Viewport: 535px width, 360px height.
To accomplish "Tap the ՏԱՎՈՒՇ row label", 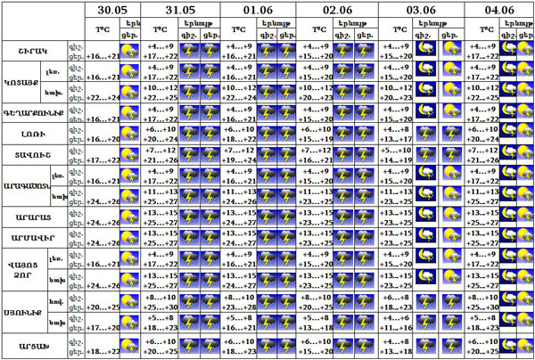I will coord(33,157).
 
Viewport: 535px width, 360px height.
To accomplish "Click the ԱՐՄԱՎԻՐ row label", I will coord(33,241).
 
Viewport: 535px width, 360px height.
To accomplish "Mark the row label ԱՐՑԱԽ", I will coord(33,345).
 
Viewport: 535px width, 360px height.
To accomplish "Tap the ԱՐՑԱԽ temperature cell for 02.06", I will coord(318,345).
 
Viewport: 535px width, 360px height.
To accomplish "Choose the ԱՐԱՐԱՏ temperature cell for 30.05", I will coord(103,223).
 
